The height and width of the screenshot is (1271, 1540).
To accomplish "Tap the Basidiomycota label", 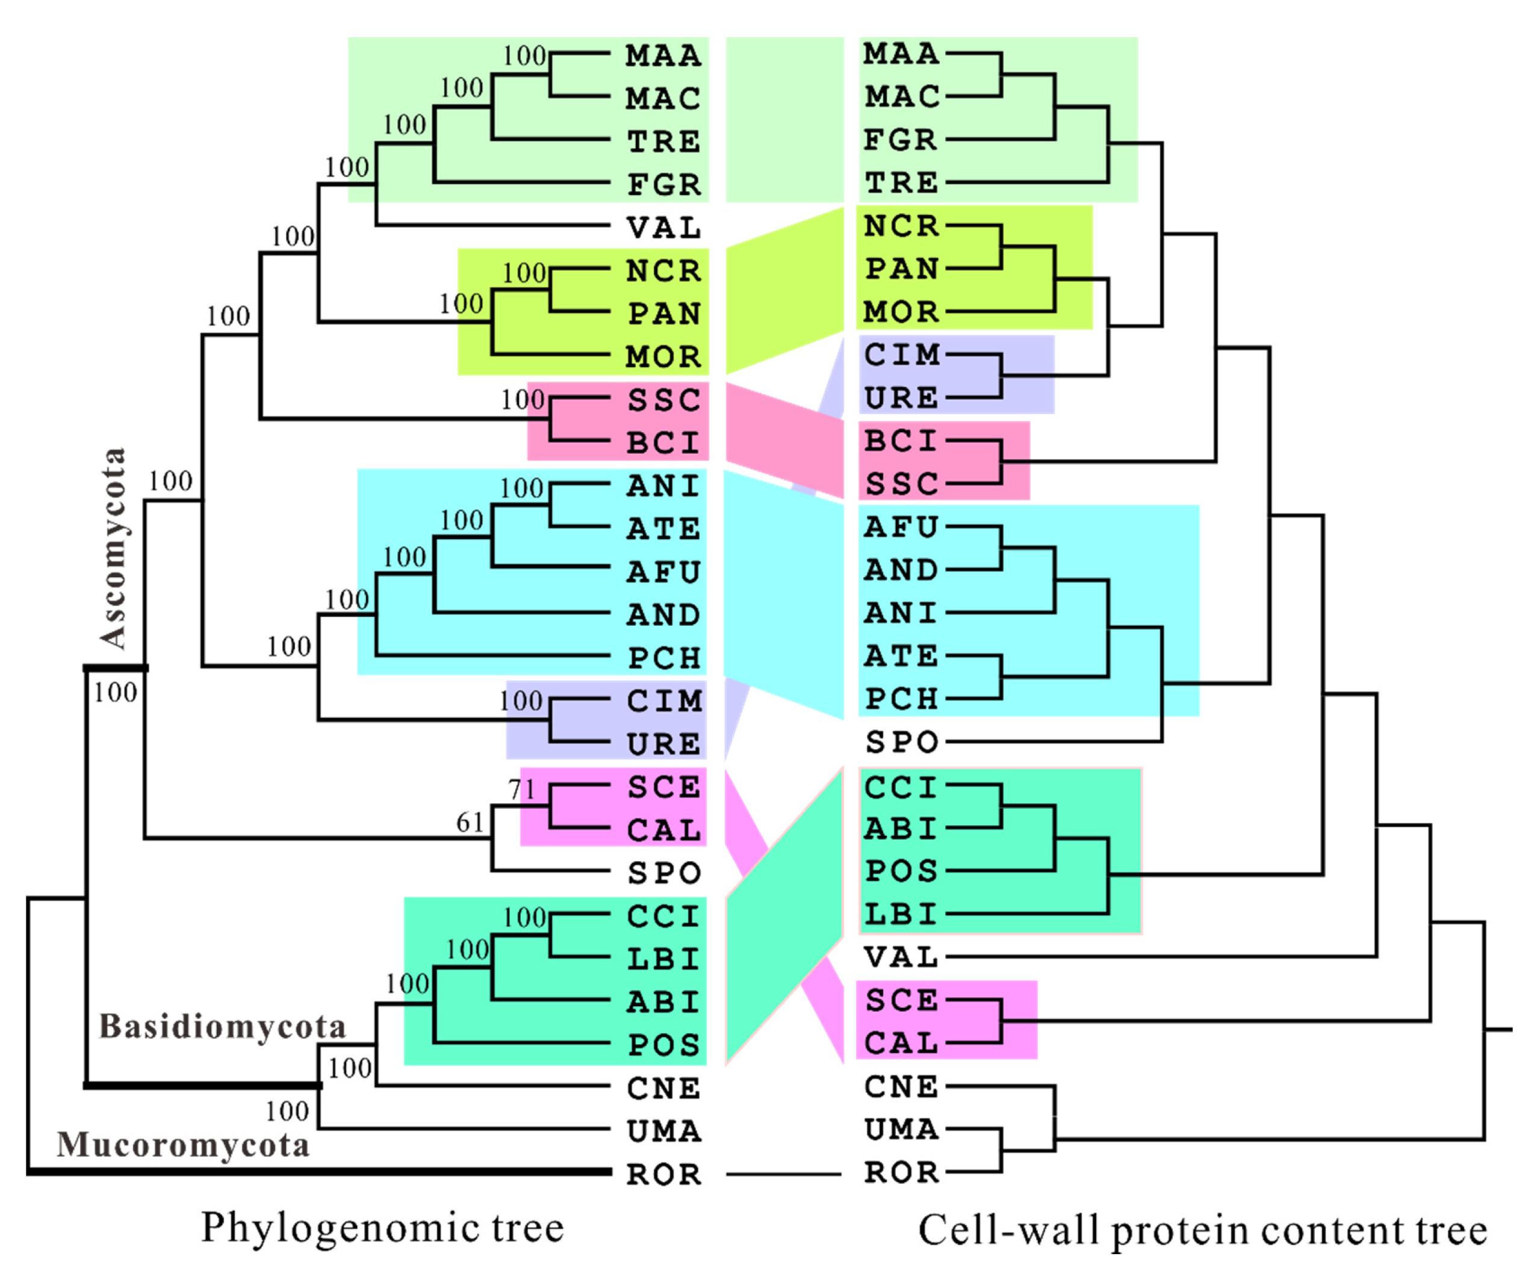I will coord(222,1027).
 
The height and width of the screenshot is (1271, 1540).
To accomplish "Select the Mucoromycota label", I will coord(183,1145).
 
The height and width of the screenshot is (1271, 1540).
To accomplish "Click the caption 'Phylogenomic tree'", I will coord(382,1228).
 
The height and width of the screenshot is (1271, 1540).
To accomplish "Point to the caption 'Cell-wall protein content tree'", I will coord(1202,1230).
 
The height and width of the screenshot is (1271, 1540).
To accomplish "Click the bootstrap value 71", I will coord(521,789).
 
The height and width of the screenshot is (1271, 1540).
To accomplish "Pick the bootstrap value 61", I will coord(470,822).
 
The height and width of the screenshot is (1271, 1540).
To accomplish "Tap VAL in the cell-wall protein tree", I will coord(901,957).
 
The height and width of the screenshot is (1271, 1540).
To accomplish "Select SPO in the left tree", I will coord(664,873).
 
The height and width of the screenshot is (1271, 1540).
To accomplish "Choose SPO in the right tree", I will coord(901,743).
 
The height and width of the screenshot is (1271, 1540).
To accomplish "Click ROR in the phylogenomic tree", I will coord(663,1174).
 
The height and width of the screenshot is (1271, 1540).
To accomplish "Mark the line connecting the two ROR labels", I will coord(784,1174).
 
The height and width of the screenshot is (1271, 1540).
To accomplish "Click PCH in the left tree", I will coord(664,658).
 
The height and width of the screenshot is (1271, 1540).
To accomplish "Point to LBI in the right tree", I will coord(901,914).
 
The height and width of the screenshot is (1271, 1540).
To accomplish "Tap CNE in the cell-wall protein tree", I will coord(901,1086).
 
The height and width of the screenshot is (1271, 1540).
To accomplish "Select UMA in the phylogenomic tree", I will coord(664,1131).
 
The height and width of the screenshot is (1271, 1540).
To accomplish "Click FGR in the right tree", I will coord(901,139).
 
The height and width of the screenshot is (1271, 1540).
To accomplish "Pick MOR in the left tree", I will coord(663,356).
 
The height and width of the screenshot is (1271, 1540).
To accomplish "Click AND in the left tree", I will coord(663,615).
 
